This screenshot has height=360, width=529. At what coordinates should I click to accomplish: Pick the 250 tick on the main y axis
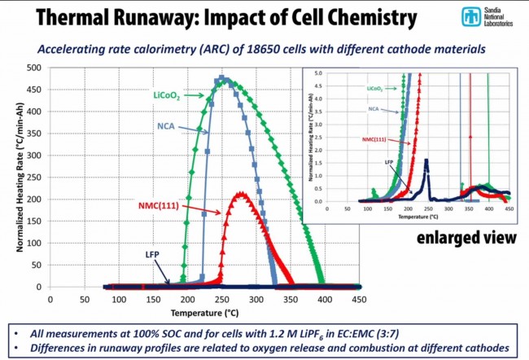[35, 177]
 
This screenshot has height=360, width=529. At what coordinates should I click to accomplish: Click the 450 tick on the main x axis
[358, 299]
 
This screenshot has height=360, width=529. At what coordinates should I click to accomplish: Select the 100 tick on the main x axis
[119, 299]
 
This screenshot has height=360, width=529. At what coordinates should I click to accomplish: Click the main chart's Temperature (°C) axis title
[204, 312]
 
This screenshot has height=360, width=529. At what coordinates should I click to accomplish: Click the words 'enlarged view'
[466, 238]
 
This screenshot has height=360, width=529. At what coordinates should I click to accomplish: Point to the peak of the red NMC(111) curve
[241, 193]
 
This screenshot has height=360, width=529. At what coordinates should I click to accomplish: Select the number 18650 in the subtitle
[281, 50]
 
